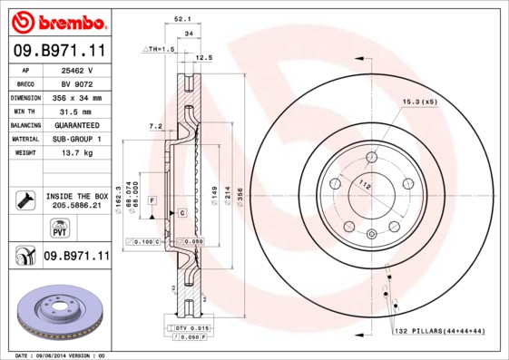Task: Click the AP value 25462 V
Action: click(76, 70)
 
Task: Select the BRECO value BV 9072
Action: click(76, 83)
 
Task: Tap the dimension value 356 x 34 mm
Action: click(76, 97)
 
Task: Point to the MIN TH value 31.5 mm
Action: click(76, 111)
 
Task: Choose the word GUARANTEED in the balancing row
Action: click(76, 124)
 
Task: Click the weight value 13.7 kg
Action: click(76, 153)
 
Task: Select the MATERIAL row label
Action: click(25, 139)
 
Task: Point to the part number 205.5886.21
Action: click(76, 206)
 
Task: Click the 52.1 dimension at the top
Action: click(181, 17)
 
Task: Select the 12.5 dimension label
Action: click(204, 57)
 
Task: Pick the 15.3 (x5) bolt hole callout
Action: click(419, 102)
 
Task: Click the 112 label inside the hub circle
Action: click(365, 187)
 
